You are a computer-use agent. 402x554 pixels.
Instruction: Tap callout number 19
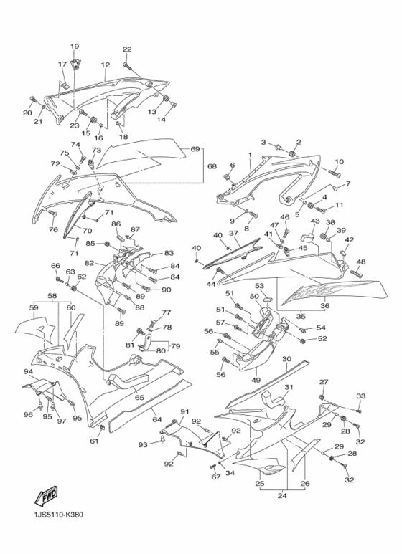point(74,47)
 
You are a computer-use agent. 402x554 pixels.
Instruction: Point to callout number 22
point(127,49)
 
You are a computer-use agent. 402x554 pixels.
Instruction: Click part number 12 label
point(105,65)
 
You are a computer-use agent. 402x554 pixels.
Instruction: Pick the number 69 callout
point(194,149)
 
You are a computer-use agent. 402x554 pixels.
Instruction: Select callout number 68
point(212,166)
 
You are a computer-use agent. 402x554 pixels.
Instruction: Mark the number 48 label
point(360,262)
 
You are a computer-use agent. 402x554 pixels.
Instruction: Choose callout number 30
point(286,359)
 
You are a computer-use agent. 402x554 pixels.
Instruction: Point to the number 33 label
point(360,396)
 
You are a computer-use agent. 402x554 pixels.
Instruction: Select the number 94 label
point(28,372)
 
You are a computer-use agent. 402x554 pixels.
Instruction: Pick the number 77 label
point(166,312)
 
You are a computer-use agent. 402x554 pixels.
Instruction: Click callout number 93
point(142,445)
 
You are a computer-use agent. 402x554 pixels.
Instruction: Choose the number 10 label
point(339,161)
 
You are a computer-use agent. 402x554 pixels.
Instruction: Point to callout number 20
point(27,114)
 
